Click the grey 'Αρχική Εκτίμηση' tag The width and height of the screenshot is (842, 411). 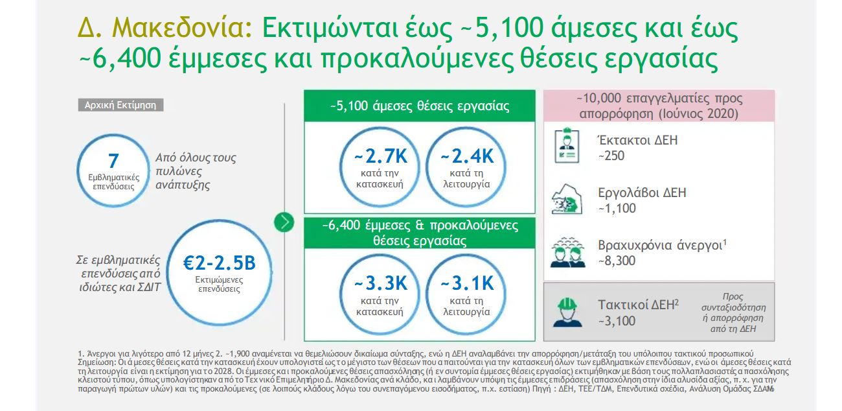120,105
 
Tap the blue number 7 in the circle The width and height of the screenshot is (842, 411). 113,161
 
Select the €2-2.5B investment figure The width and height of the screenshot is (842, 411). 219,263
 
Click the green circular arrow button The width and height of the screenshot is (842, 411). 284,222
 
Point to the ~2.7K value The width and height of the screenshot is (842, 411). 380,156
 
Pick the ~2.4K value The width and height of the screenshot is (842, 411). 467,156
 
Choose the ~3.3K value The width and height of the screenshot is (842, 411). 380,283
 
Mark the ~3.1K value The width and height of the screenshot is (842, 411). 467,283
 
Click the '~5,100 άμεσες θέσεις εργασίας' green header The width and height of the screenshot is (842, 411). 420,106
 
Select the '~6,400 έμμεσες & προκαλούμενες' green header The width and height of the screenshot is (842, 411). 420,233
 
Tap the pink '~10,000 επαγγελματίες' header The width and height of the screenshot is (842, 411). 659,106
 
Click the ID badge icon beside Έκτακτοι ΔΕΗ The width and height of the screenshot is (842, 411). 567,146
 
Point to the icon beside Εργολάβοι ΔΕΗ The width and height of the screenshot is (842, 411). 567,199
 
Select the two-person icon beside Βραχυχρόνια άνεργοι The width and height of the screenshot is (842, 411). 567,252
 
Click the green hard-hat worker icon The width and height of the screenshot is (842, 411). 567,312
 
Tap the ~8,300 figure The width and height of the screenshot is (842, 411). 617,261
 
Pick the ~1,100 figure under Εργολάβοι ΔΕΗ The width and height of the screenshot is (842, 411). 617,208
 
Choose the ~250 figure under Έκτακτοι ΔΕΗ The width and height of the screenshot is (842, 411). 611,156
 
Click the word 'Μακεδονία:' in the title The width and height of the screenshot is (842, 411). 182,29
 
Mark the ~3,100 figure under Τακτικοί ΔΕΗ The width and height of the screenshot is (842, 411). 617,321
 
